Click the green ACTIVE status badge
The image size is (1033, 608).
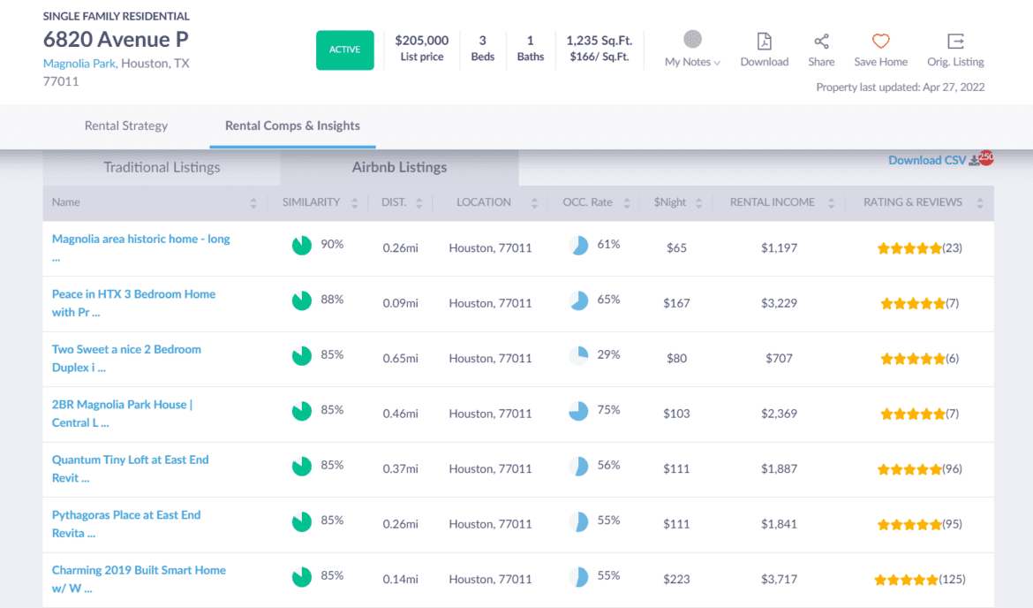tap(345, 49)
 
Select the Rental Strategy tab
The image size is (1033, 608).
tap(126, 125)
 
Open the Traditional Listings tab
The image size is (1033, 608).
tap(162, 167)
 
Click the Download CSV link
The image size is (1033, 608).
tap(927, 160)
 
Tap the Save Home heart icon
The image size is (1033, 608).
tap(880, 42)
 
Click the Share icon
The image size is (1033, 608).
tap(821, 42)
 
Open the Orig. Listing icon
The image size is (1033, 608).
tap(955, 42)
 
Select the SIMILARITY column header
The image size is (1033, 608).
tap(311, 202)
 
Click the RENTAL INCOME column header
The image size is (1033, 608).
tap(773, 202)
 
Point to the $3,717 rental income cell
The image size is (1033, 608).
tap(779, 580)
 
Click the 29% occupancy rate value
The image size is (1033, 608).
tap(608, 354)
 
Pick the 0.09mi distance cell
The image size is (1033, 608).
tap(400, 303)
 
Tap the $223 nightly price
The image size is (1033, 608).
tap(676, 580)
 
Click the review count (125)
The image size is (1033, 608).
tap(953, 580)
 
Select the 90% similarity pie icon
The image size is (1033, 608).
tap(302, 246)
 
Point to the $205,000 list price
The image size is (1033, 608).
tap(421, 41)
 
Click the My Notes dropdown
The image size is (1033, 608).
tap(692, 62)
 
